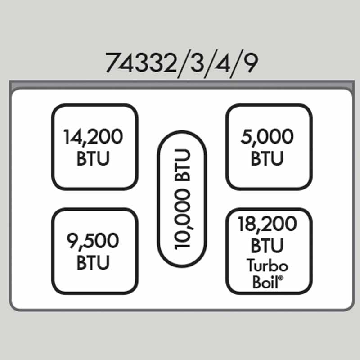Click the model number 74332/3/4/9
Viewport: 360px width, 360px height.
[182, 63]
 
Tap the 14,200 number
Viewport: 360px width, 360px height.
[93, 137]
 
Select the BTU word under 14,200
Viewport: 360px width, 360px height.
[93, 159]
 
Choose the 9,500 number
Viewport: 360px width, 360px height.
[93, 241]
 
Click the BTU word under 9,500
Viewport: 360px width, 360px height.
[93, 263]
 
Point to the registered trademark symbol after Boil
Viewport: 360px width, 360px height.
[281, 278]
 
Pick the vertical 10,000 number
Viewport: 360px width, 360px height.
[182, 219]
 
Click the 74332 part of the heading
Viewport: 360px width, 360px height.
[140, 63]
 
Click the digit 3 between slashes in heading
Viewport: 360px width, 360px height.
[196, 63]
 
